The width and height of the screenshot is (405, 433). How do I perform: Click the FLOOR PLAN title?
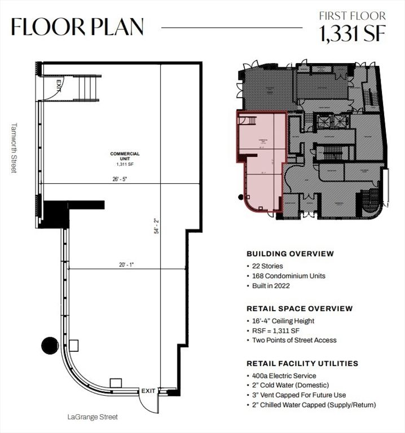click(77, 26)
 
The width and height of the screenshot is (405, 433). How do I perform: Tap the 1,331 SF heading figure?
click(353, 34)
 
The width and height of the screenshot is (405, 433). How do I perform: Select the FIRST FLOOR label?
click(352, 16)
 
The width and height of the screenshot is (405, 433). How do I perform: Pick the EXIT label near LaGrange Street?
click(148, 390)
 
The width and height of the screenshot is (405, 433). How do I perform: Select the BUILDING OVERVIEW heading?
click(290, 254)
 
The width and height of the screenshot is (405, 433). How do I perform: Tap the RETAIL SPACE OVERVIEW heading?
click(300, 308)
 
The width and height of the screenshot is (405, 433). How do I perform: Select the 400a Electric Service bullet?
click(284, 375)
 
